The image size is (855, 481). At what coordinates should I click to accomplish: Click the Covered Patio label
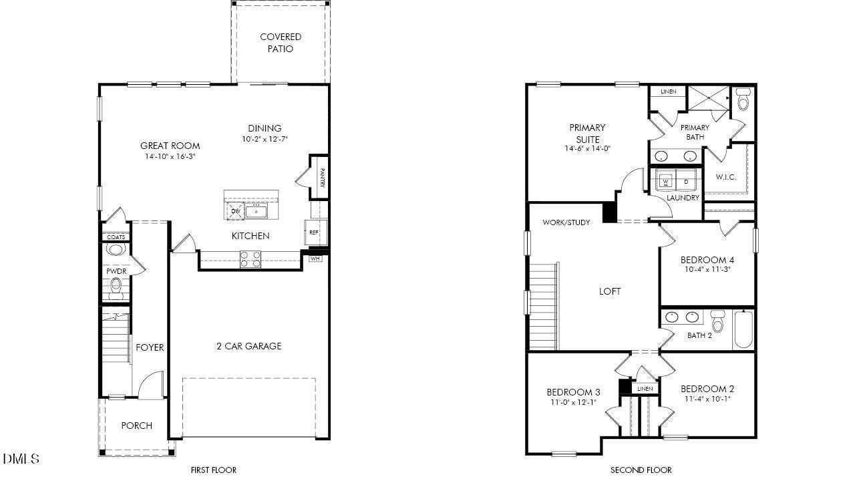(x=281, y=43)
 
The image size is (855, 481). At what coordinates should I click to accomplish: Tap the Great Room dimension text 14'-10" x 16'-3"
(x=170, y=157)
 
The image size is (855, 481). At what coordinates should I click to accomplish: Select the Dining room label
(x=265, y=128)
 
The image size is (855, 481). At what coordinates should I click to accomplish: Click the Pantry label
(x=322, y=177)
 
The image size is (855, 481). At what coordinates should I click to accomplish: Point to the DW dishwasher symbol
(x=235, y=211)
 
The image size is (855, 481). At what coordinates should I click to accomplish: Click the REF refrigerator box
(x=313, y=232)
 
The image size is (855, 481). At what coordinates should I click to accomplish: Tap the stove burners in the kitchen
(x=250, y=259)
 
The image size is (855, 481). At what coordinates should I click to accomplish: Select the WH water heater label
(x=315, y=259)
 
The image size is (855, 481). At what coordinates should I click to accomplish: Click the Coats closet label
(x=116, y=237)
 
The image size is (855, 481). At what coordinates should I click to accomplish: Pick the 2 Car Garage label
(x=248, y=346)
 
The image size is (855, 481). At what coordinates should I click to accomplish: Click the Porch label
(x=136, y=426)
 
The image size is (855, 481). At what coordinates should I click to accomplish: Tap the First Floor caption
(x=213, y=470)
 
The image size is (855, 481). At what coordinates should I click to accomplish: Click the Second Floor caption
(x=641, y=470)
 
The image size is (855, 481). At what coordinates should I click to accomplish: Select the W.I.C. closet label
(x=725, y=177)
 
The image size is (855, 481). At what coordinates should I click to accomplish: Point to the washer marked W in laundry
(x=666, y=180)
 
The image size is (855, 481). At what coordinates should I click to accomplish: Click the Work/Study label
(x=566, y=222)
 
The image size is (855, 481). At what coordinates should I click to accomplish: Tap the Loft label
(x=609, y=291)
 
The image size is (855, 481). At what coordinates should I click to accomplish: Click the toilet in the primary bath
(x=743, y=100)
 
